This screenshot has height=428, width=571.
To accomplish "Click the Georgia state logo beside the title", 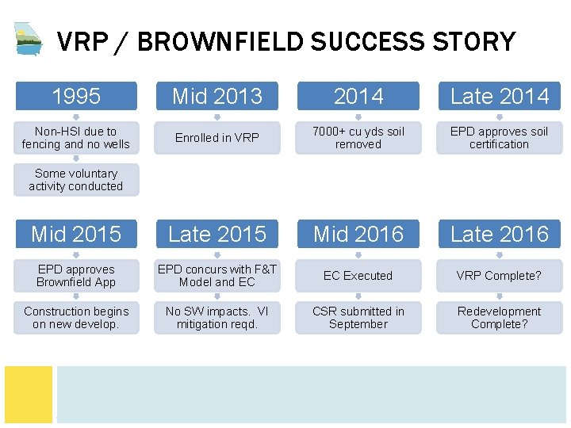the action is (x=29, y=38).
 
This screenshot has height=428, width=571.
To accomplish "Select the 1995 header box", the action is (x=75, y=96).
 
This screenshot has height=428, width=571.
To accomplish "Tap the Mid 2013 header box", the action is (x=217, y=96).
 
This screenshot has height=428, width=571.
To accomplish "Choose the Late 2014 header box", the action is (x=499, y=96).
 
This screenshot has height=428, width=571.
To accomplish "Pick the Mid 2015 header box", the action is (x=75, y=234).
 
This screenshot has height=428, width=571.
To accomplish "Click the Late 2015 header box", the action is (x=217, y=234).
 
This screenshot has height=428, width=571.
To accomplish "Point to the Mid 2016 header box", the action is (x=358, y=234).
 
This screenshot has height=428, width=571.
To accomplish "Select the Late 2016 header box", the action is (x=499, y=234).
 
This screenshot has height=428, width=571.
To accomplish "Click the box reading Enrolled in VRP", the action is (x=217, y=138).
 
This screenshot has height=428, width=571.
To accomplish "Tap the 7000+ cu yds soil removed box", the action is (x=358, y=138).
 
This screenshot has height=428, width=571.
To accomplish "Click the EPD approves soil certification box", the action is (x=499, y=138).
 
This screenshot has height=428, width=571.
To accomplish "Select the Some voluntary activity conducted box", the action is (x=75, y=180).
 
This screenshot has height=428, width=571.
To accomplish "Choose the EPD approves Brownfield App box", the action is (x=75, y=276).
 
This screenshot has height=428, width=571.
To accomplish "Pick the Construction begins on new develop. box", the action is (x=75, y=318).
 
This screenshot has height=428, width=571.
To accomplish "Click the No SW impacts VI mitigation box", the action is (x=217, y=318).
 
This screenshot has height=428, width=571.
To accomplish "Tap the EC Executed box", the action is (x=358, y=276).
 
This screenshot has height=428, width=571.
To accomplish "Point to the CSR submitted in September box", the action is (x=358, y=318).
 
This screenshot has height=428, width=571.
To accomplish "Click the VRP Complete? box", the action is (x=499, y=276).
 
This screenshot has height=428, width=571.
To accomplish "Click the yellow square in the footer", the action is (x=29, y=393).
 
